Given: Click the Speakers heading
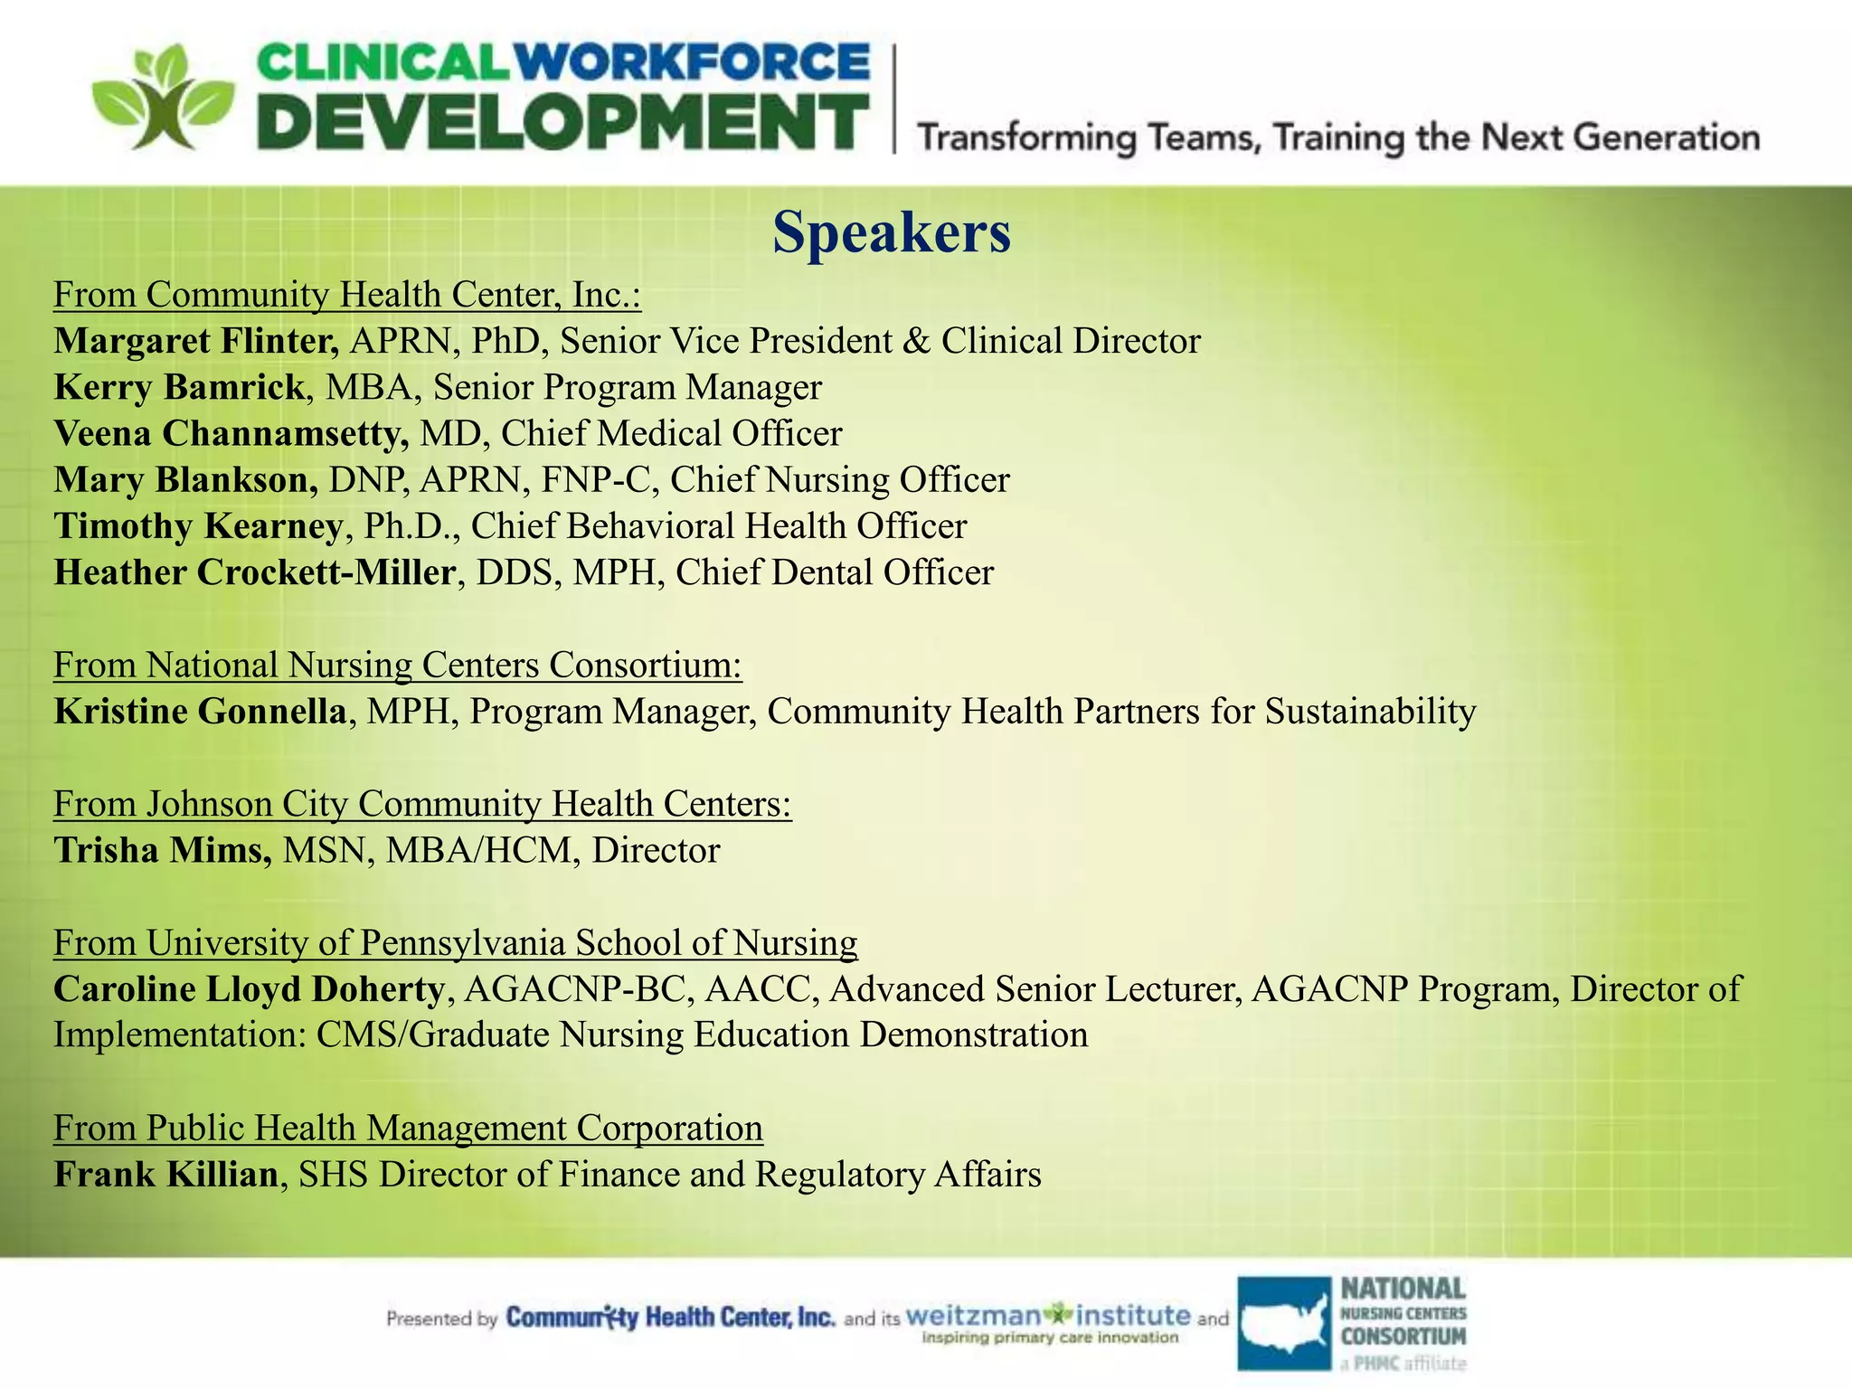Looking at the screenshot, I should pyautogui.click(x=891, y=232).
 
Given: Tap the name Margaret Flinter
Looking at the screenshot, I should pyautogui.click(x=196, y=341).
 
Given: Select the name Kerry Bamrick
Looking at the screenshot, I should pyautogui.click(x=179, y=387).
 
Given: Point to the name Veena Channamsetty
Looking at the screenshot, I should pyautogui.click(x=231, y=433).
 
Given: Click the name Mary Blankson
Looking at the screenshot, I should pyautogui.click(x=185, y=479).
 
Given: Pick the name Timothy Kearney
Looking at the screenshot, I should pyautogui.click(x=198, y=526).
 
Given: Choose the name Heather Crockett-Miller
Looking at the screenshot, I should pyautogui.click(x=254, y=572).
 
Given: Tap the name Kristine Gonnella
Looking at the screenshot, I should pyautogui.click(x=200, y=712).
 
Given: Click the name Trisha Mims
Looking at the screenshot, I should pyautogui.click(x=162, y=850).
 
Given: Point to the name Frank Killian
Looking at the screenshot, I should pyautogui.click(x=165, y=1175).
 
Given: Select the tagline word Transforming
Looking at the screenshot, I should pyautogui.click(x=1027, y=138).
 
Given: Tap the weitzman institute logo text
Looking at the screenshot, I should pyautogui.click(x=1049, y=1317).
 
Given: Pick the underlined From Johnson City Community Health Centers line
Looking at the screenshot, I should pyautogui.click(x=422, y=804).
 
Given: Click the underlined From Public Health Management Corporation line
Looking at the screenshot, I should pyautogui.click(x=408, y=1129).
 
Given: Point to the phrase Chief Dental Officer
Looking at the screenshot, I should pyautogui.click(x=834, y=572).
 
